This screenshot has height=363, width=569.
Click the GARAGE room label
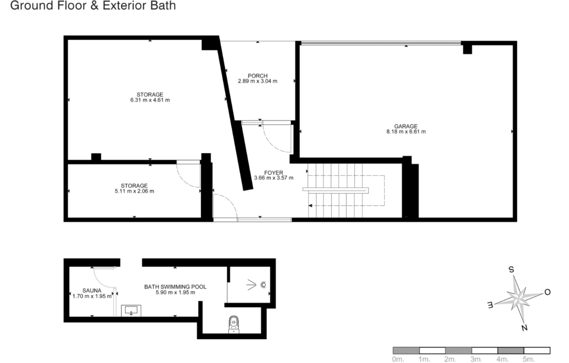tap(406, 126)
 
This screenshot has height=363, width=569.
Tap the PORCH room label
tap(258, 76)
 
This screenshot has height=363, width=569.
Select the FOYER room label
tap(274, 173)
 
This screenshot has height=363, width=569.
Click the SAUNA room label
tap(92, 291)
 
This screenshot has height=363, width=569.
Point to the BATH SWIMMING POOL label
tap(175, 286)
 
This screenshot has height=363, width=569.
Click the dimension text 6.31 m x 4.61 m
tap(150, 100)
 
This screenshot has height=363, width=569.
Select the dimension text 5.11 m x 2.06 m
tap(134, 191)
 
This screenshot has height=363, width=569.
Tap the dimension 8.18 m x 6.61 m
tap(406, 132)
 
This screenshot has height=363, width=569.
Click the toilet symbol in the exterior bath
tap(234, 324)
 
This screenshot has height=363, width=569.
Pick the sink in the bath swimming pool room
tap(131, 311)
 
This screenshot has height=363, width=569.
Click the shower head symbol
tap(263, 285)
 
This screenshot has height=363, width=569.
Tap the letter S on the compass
tap(511, 270)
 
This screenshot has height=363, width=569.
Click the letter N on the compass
tap(524, 328)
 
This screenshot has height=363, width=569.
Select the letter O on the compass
tap(547, 292)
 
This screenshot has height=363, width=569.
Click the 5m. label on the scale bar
tap(529, 360)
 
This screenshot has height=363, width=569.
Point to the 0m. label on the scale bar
tap(398, 360)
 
